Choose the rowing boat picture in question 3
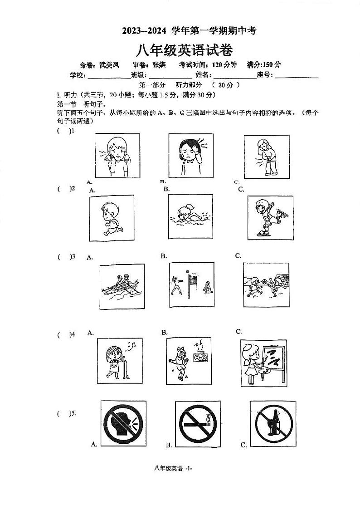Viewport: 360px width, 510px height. [120, 286]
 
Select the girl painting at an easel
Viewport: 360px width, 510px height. [263, 362]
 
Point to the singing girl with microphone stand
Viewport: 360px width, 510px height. [116, 359]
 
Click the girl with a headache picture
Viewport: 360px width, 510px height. [190, 155]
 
